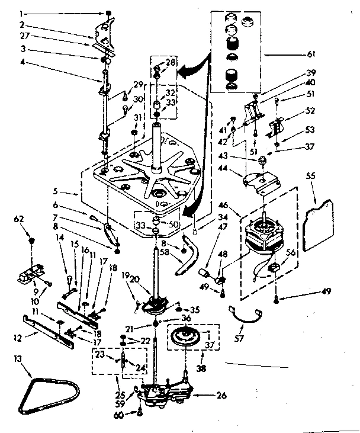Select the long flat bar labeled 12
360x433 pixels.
[44, 329]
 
